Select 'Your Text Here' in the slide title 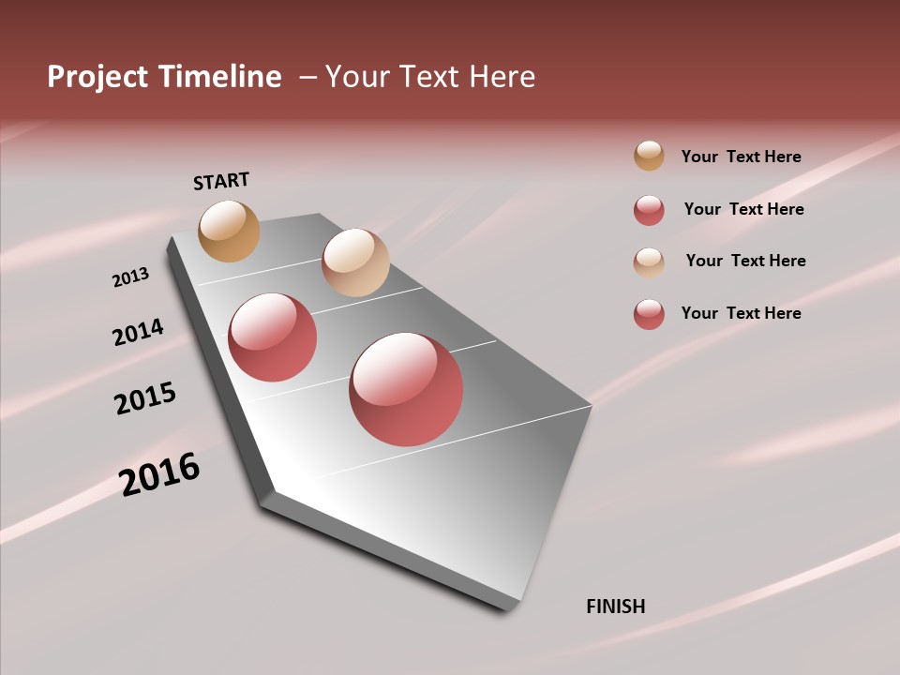point(430,77)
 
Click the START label point(221,181)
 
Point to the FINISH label point(616,607)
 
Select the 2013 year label point(130,277)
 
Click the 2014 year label point(138,332)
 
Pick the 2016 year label point(159,474)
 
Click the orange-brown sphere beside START point(229,231)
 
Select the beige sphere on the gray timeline point(355,262)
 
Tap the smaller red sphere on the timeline point(273,337)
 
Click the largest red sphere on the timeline point(406,389)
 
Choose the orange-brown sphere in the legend point(649,156)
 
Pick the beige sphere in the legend point(649,262)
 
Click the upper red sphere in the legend point(649,210)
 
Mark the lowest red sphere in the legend point(649,314)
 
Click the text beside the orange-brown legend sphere point(741,157)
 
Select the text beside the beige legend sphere point(745,261)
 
